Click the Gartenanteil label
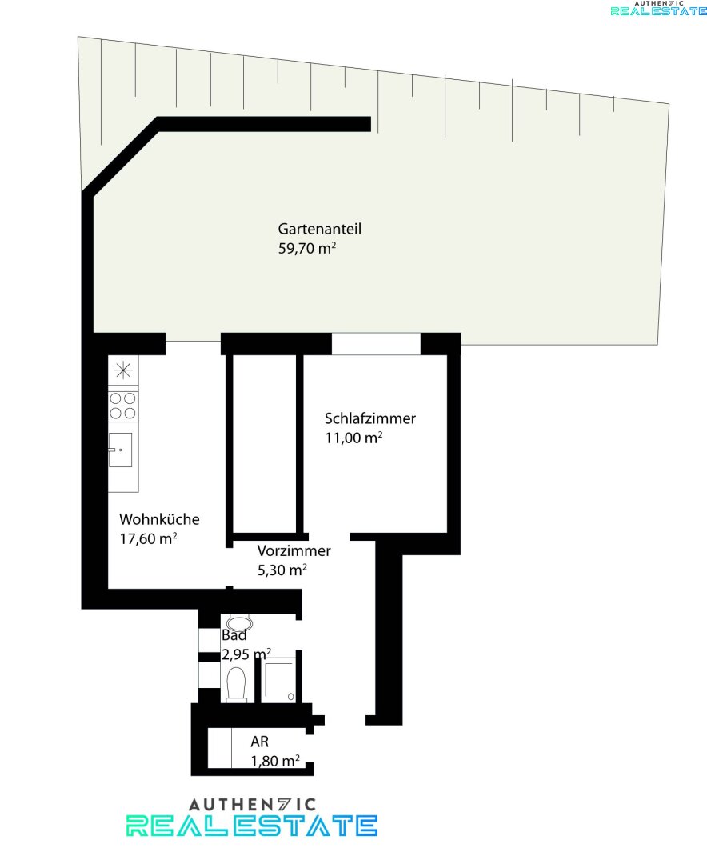[320, 229]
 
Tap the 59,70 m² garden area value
[307, 248]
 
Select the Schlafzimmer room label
[369, 418]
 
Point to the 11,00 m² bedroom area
[353, 438]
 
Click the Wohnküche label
[159, 519]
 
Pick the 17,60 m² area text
[148, 538]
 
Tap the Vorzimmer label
[294, 550]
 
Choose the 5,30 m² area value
[282, 570]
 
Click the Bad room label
[234, 635]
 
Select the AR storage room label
[259, 742]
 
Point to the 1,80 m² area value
[275, 761]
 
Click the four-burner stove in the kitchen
[123, 406]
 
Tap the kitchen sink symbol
[120, 450]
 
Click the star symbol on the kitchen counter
[123, 370]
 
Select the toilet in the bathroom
[237, 685]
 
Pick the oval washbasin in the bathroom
[239, 623]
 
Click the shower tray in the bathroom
[279, 681]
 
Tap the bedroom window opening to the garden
[376, 344]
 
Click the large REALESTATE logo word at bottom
[252, 826]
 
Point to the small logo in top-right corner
[658, 8]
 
